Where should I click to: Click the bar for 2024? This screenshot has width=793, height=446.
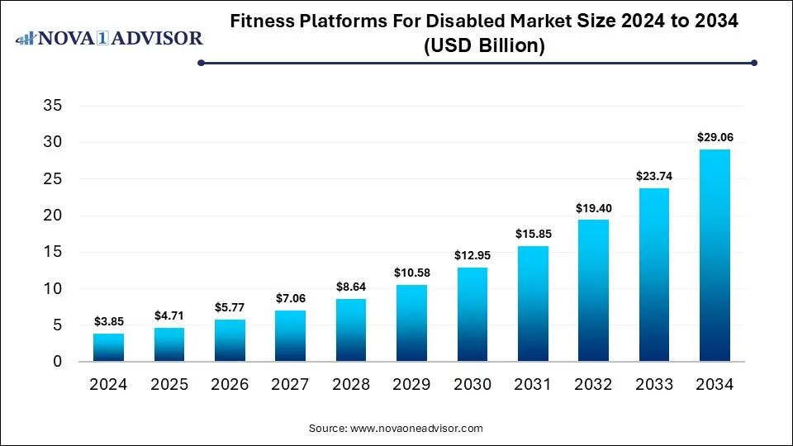pos(109,348)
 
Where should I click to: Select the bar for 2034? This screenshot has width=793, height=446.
pos(715,255)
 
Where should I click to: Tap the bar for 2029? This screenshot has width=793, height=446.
pos(411,323)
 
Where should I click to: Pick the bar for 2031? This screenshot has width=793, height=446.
pos(533,304)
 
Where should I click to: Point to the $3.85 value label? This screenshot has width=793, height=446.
pos(109,322)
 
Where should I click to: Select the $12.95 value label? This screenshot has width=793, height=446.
pos(472,256)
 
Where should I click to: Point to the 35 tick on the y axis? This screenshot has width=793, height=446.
pos(52,106)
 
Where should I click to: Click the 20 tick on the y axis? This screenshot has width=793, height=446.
pos(52,216)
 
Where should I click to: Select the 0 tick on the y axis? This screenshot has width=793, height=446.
pos(57,362)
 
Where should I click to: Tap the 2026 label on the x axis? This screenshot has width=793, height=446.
pos(230,385)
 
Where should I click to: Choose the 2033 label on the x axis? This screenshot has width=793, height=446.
pos(653,385)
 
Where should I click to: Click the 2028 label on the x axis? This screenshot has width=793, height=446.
pos(351,385)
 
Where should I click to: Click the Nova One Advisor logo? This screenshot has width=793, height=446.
pos(110,37)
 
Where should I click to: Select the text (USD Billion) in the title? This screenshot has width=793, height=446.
pos(484,46)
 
